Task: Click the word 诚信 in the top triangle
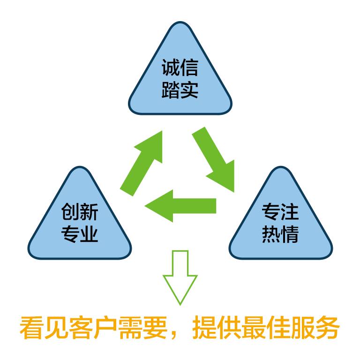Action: point(180,68)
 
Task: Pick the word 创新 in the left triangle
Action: point(80,213)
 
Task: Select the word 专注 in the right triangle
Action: point(280,213)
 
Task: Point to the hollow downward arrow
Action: point(180,277)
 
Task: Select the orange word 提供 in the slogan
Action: point(209,330)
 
